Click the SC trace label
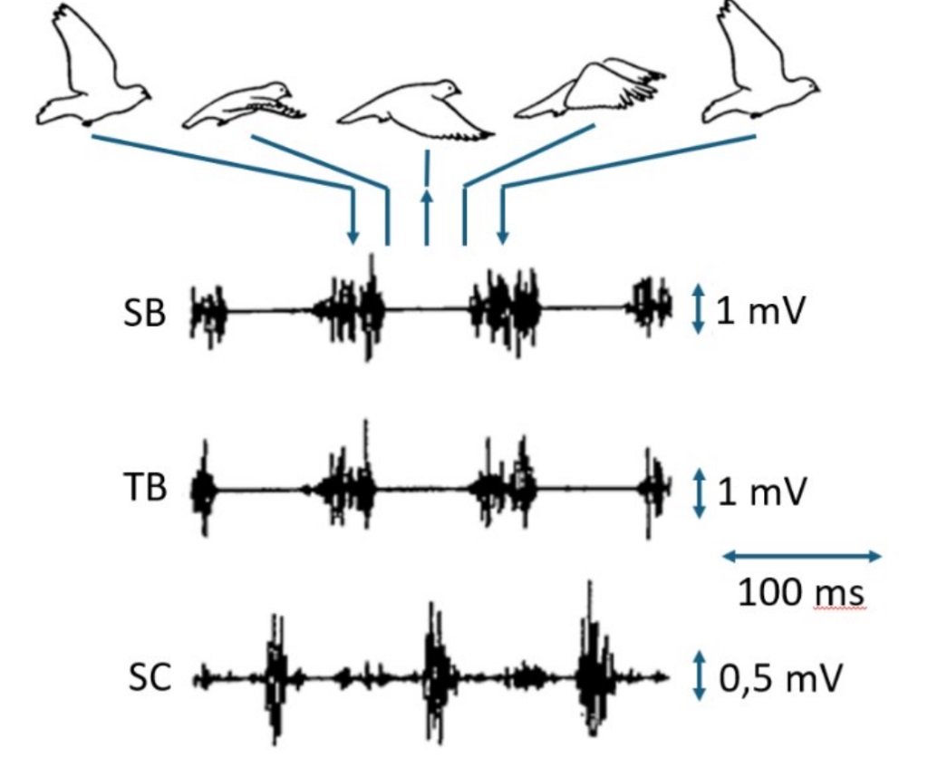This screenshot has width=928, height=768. tap(148, 678)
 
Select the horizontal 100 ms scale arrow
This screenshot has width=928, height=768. tap(801, 555)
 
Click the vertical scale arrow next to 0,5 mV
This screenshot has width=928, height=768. tap(698, 677)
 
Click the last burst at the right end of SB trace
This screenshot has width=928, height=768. tap(651, 303)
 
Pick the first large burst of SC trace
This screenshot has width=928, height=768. tap(275, 676)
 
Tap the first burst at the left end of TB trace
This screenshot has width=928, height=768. tap(203, 491)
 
